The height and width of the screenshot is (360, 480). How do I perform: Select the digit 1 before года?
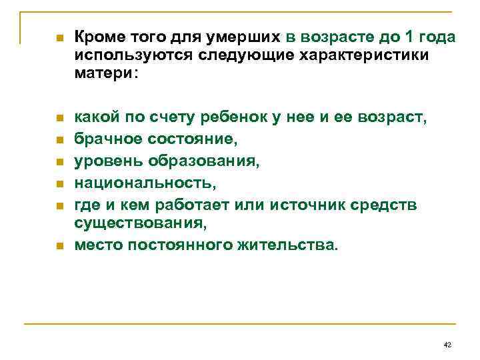(x=413, y=37)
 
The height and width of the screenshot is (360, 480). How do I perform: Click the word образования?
(x=201, y=161)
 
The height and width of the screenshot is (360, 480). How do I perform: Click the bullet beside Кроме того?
(x=59, y=39)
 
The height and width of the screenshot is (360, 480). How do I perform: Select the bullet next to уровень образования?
(x=59, y=161)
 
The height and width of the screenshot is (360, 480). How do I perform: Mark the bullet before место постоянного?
(x=59, y=246)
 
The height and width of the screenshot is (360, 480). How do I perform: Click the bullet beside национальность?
(x=59, y=183)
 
